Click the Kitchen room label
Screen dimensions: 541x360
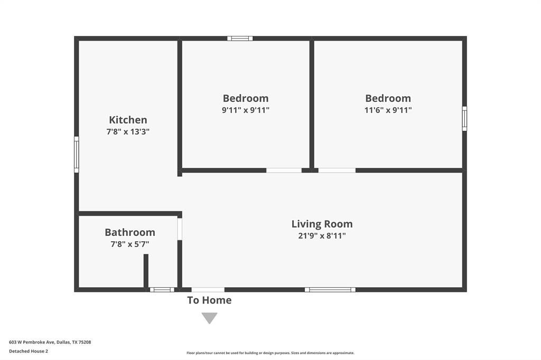point(128,120)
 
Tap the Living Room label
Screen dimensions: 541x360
point(322,224)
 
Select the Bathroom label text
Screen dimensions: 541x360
point(130,232)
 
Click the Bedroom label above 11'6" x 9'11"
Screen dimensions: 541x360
point(388,98)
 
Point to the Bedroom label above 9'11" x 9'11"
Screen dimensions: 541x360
point(246,98)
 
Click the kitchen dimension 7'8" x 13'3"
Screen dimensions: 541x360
point(128,131)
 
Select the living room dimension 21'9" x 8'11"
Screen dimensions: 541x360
point(322,235)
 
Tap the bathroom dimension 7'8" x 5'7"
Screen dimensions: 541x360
point(130,244)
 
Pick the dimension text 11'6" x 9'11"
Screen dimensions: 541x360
point(388,110)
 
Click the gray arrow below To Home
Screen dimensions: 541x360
point(209,318)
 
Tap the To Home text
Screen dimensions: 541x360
point(209,300)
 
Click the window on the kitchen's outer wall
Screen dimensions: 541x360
point(77,155)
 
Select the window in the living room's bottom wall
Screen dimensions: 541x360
point(330,290)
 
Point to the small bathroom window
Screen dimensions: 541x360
point(162,290)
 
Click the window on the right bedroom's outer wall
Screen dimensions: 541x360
point(464,119)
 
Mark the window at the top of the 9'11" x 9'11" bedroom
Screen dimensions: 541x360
point(240,39)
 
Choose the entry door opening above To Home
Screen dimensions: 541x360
point(208,290)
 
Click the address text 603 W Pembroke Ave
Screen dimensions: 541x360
point(32,342)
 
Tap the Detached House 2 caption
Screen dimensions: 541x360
point(29,351)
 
